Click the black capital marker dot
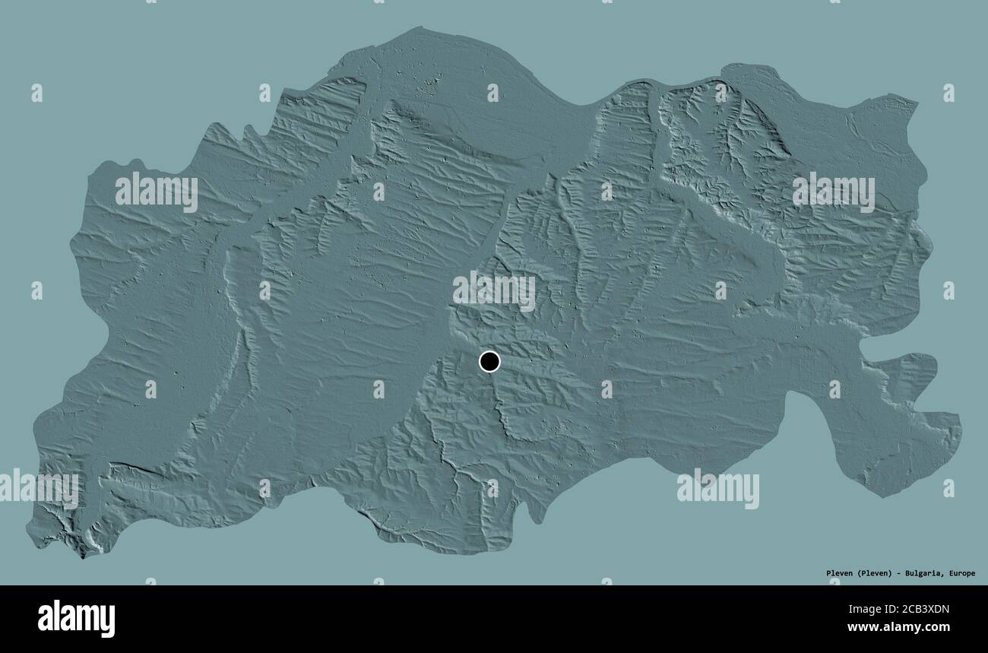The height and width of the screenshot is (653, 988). click(490, 362)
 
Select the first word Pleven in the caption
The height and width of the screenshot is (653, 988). click(840, 573)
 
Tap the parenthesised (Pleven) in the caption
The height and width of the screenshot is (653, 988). click(875, 573)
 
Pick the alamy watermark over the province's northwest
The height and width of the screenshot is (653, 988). click(157, 192)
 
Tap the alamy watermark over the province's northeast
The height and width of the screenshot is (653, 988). click(833, 192)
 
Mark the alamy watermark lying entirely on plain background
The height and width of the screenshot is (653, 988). click(717, 489)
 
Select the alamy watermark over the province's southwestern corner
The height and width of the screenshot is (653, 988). click(40, 489)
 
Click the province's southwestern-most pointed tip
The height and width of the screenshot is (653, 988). click(81, 556)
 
